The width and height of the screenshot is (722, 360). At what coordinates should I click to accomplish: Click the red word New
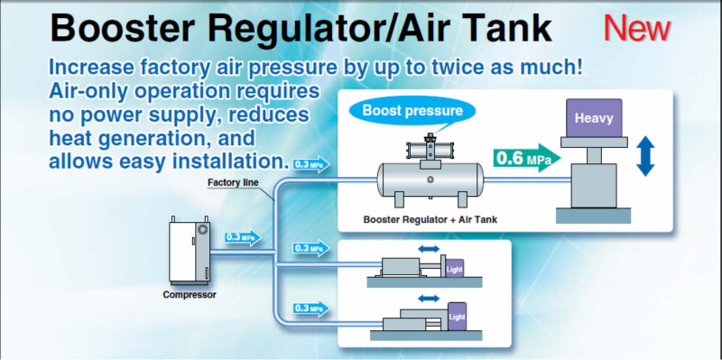(637, 29)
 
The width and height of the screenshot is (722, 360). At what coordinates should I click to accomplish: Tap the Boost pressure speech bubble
(412, 111)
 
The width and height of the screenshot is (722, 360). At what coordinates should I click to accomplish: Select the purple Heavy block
(594, 118)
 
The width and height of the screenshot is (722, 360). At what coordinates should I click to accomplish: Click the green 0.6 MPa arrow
(527, 159)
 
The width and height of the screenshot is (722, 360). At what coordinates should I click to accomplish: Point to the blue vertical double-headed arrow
(645, 156)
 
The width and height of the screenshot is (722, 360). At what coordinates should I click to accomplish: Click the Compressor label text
(190, 295)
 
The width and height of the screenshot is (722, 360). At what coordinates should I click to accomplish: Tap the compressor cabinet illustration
(190, 253)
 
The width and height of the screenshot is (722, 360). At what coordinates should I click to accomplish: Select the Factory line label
(233, 182)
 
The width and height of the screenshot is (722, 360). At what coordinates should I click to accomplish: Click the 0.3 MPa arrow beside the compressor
(243, 237)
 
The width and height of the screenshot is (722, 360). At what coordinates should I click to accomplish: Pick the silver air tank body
(430, 180)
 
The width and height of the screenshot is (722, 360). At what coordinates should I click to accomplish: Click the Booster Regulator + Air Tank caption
(430, 219)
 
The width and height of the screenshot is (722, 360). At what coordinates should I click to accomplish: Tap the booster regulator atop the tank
(430, 148)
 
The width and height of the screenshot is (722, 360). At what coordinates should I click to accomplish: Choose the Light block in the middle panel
(455, 268)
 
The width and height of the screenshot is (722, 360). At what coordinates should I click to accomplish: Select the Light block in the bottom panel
(457, 317)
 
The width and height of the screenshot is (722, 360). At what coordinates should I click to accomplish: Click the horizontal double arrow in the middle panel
(429, 249)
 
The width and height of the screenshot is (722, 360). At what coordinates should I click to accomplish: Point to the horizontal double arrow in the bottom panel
(429, 299)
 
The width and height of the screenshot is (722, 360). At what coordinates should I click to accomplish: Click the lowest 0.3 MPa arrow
(311, 309)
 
